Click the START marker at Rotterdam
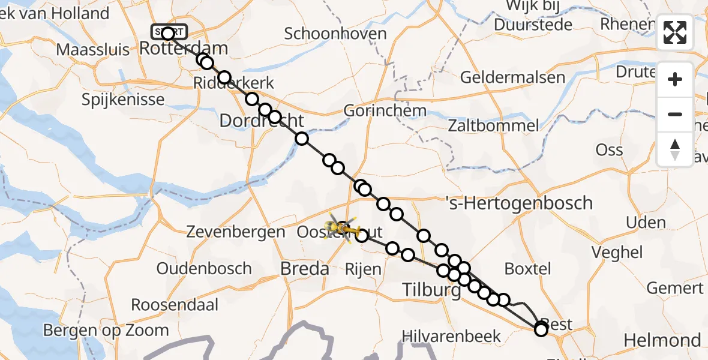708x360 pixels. [170, 31]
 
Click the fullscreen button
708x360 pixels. [675, 32]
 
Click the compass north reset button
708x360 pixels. [675, 149]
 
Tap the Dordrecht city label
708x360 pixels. [262, 121]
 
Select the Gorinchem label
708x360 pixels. [385, 110]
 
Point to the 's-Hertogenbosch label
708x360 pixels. [521, 203]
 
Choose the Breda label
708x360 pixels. [305, 269]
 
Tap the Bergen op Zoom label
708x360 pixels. [106, 330]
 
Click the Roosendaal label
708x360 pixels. [175, 305]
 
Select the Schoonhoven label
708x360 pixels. [335, 34]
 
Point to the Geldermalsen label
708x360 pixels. [513, 77]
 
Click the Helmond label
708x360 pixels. [662, 341]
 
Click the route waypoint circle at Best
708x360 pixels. [541, 329]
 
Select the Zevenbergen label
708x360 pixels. [236, 231]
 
